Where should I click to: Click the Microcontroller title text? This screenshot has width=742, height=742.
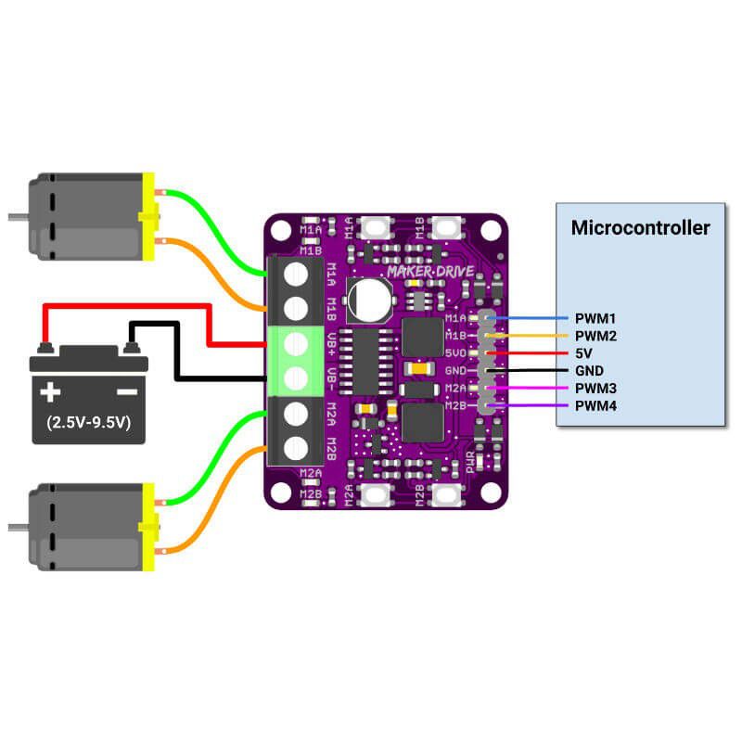click(x=640, y=227)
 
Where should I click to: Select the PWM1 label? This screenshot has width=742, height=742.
click(x=595, y=318)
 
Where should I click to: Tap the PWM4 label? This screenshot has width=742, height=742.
click(x=595, y=406)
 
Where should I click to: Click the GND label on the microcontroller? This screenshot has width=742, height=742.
click(x=591, y=371)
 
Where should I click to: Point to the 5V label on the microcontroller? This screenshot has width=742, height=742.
click(x=584, y=353)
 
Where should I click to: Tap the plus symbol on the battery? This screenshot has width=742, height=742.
click(x=49, y=392)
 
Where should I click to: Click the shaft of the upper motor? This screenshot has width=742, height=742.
click(x=17, y=218)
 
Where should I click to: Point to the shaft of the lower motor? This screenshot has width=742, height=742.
click(x=17, y=527)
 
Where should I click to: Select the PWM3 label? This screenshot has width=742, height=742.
click(x=595, y=389)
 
